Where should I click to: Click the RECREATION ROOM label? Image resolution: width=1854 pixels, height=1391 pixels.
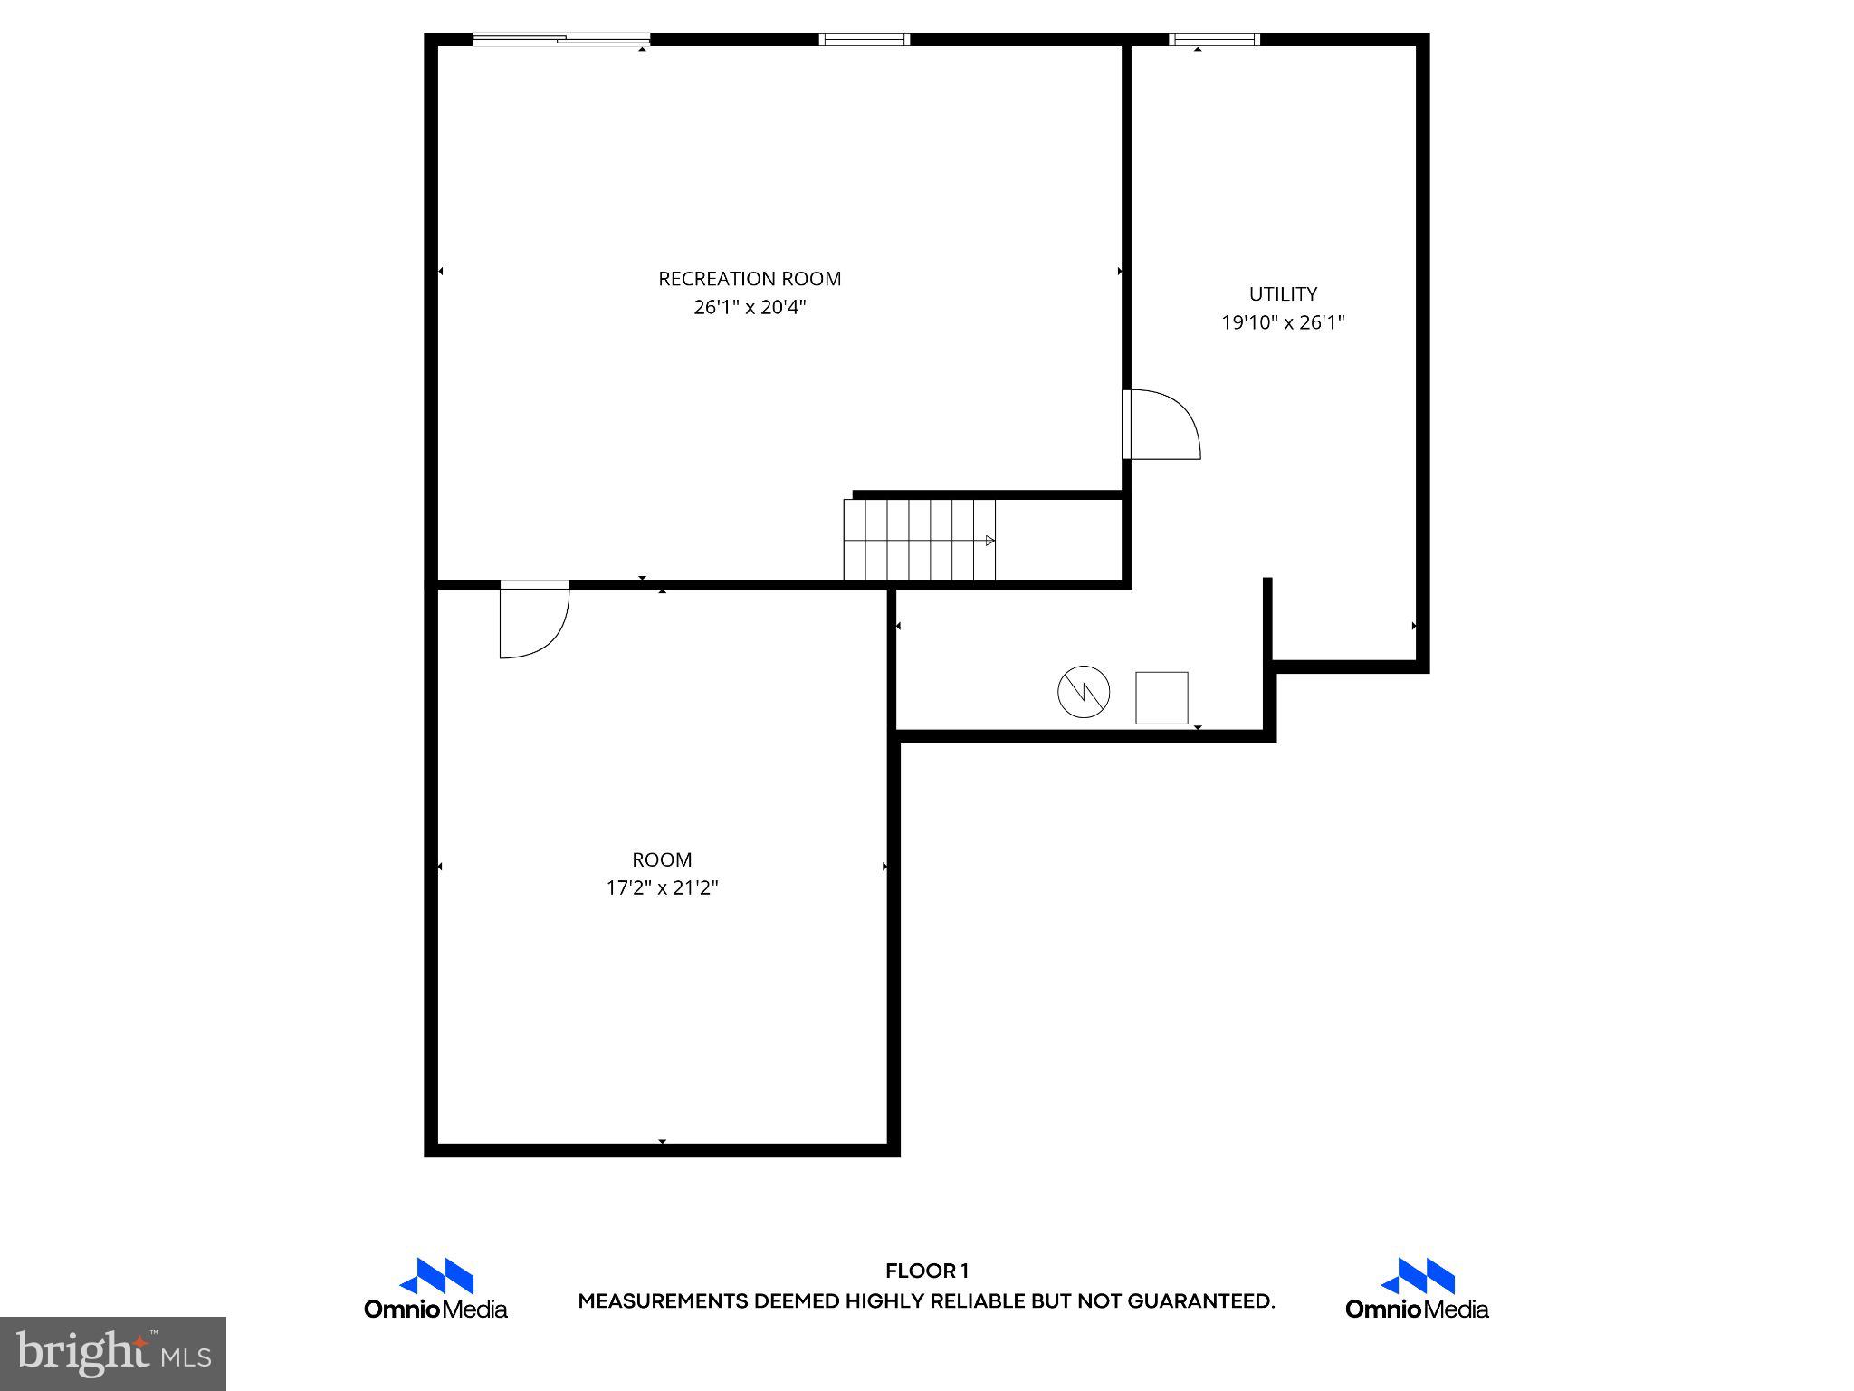pos(750,279)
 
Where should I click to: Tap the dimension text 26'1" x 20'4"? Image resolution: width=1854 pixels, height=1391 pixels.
pos(750,308)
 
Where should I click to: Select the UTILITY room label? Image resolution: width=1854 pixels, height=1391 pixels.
pos(1283,294)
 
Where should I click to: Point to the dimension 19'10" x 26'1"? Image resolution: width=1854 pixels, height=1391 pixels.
pos(1283,322)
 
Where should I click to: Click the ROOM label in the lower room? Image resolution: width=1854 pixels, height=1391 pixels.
pos(662,859)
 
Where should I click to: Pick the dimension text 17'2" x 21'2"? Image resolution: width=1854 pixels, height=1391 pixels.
pos(662,888)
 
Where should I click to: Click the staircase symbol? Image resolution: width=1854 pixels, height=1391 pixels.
pos(919,540)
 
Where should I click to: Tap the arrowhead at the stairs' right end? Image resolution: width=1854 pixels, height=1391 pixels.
pos(990,541)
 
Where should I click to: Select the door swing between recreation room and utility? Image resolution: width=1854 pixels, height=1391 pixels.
pos(1162,425)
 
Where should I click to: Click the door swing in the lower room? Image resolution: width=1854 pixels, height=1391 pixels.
pos(534,620)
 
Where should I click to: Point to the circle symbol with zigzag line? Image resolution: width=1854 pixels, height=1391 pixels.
pos(1084,693)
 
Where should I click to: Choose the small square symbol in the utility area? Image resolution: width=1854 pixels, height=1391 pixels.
pos(1161,698)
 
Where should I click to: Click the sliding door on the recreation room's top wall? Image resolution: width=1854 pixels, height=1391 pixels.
pos(561,39)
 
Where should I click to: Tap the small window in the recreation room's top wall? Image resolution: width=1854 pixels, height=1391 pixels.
pos(865,39)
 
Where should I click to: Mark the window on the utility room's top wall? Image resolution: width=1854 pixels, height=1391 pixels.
pos(1214,39)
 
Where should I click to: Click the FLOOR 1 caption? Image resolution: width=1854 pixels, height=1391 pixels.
pos(927,1271)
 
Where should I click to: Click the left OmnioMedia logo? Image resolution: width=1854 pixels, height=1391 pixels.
pos(436,1289)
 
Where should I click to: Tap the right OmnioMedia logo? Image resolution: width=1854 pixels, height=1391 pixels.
pos(1417,1289)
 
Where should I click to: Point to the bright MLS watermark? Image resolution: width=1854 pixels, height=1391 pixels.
pos(113,1353)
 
